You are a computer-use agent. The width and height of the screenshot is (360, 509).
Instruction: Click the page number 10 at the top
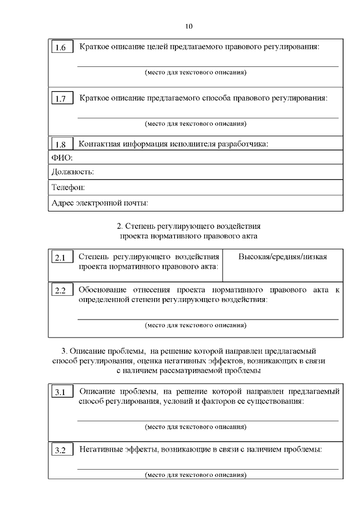(188, 26)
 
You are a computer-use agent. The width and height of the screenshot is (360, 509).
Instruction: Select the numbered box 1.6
(61, 48)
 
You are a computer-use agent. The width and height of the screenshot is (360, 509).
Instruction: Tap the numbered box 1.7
(61, 100)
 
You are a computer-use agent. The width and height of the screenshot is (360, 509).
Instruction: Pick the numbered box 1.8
(61, 144)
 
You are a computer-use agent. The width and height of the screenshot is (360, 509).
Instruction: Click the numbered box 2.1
(61, 258)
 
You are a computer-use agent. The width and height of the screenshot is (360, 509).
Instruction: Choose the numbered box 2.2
(61, 291)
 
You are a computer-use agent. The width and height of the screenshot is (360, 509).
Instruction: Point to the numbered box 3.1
(61, 393)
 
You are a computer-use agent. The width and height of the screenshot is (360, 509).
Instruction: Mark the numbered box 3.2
(61, 451)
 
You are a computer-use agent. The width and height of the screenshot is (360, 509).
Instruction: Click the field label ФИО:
(62, 158)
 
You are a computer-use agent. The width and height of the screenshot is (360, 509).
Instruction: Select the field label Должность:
(73, 172)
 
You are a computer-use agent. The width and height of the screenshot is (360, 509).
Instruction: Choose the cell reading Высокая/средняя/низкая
(282, 256)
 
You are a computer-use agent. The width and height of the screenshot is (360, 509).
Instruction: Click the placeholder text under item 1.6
(196, 73)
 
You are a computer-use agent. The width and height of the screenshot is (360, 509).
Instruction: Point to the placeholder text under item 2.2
(196, 325)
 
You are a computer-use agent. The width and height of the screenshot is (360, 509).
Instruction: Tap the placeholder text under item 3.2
(196, 475)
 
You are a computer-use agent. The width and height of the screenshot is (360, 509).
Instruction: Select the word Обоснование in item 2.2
(102, 290)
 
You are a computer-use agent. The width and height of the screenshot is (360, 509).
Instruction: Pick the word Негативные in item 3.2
(101, 450)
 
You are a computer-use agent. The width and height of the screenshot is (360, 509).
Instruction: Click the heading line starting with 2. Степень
(188, 226)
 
